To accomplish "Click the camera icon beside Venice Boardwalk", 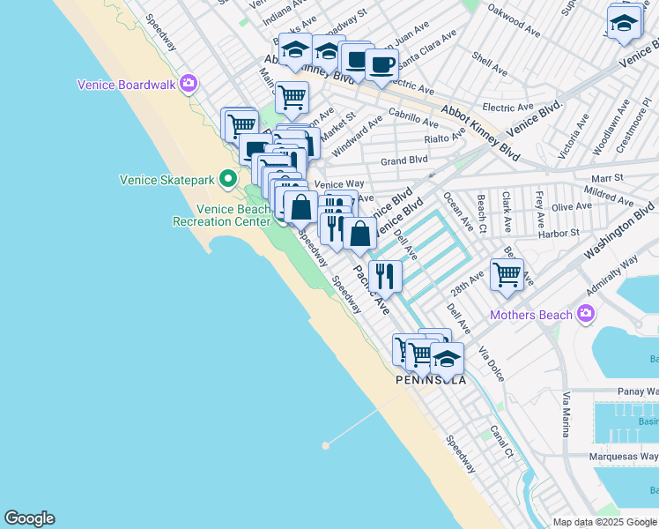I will tap(188, 84).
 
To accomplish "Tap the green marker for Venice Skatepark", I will tap(227, 179).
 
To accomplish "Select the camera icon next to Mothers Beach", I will tap(585, 314).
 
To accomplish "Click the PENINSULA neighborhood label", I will tap(430, 380).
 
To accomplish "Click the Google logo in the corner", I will tap(29, 518).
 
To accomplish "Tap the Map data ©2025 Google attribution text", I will tap(603, 522).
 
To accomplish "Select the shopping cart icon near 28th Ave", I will tap(507, 273).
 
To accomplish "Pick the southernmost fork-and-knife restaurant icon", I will tap(385, 276).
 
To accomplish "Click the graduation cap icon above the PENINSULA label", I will tap(447, 358).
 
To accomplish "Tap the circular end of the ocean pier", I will tap(325, 445).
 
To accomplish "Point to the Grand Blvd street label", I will tap(404, 160).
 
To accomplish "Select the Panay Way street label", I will tap(639, 391).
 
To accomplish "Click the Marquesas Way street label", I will tap(623, 457).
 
